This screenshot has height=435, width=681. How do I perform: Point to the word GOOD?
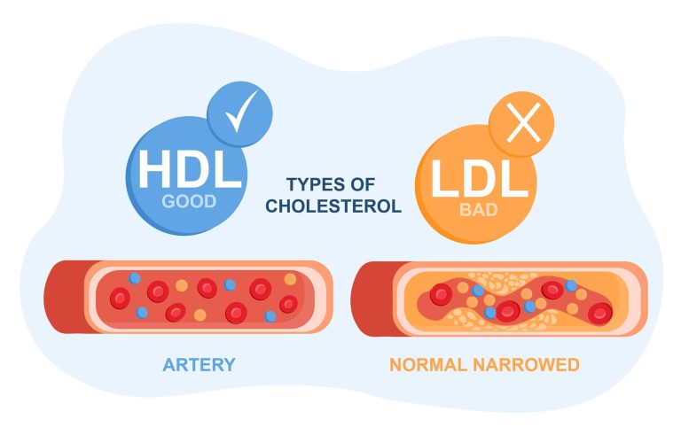pyautogui.click(x=188, y=201)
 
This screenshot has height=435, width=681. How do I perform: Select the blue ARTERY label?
pyautogui.click(x=199, y=364)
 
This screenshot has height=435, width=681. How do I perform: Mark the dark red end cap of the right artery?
pyautogui.click(x=371, y=298)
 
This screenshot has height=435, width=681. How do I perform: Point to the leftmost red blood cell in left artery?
pyautogui.click(x=119, y=299)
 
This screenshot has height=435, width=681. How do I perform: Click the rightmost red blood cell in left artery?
pyautogui.click(x=287, y=304)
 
